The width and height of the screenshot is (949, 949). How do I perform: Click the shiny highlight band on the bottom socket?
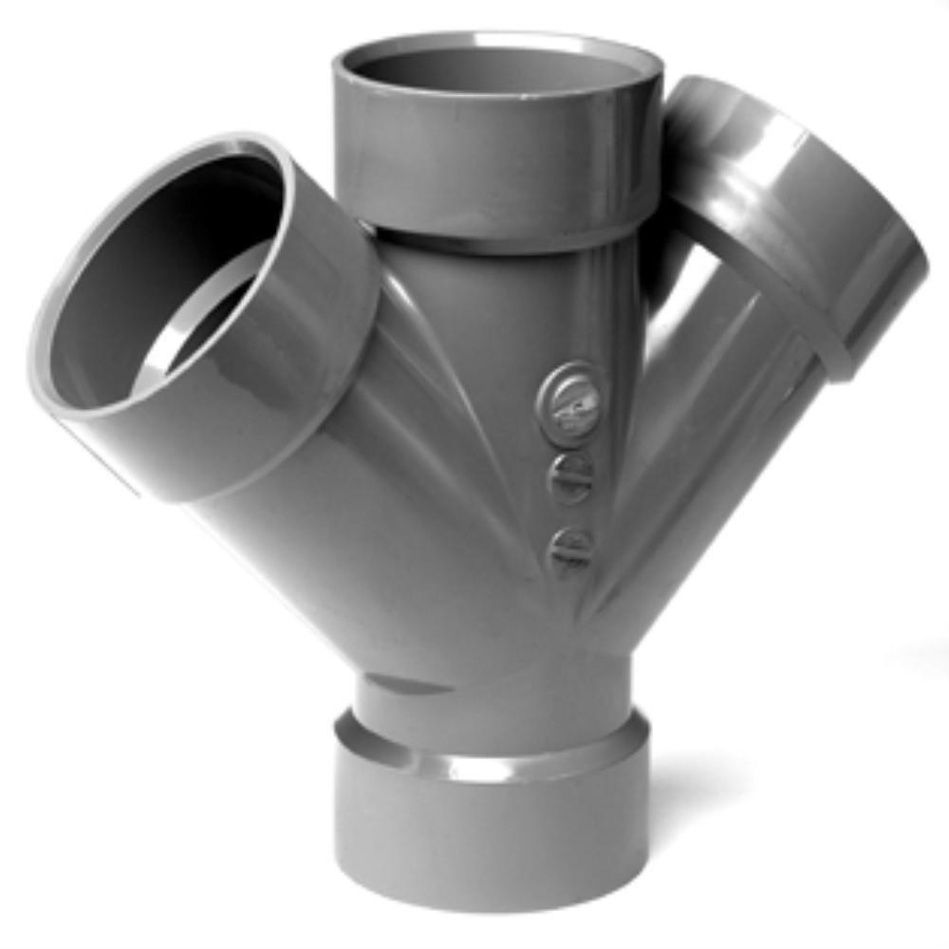(493, 759)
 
